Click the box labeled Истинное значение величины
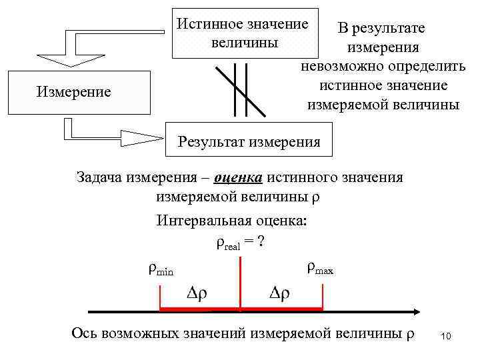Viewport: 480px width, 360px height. [243, 33]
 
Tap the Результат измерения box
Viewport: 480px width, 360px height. [248, 141]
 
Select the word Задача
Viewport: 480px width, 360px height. [102, 178]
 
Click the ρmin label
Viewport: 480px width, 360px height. [160, 270]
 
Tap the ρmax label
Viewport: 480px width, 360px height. [320, 269]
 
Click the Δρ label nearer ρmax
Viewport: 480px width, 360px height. [279, 293]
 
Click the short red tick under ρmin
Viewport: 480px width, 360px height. [161, 297]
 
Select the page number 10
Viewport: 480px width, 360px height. [446, 337]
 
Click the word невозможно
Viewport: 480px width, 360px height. [337, 67]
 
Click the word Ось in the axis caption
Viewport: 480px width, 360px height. [85, 333]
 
